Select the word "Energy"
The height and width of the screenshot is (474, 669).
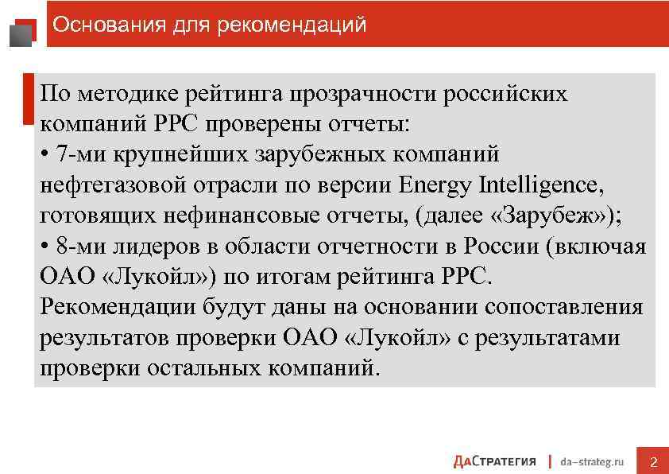tap(435, 185)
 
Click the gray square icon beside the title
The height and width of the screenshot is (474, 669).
tap(21, 33)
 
